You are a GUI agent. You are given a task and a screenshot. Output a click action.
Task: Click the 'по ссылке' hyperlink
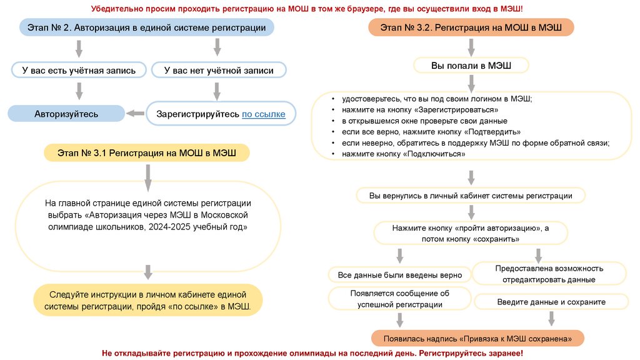(x=263, y=114)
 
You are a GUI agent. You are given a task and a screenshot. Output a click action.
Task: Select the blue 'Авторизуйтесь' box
(x=66, y=114)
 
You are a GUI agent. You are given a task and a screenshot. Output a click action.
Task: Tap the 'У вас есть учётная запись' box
(x=79, y=71)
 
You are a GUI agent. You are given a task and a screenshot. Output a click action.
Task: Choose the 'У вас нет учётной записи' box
(x=219, y=71)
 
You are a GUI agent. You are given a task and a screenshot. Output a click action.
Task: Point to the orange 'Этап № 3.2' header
(x=471, y=27)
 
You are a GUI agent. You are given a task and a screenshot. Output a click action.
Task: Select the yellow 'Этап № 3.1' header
(x=146, y=152)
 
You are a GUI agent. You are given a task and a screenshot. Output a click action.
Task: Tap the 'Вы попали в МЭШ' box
(x=471, y=65)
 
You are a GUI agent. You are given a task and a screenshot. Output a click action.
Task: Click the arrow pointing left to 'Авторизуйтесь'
(x=135, y=114)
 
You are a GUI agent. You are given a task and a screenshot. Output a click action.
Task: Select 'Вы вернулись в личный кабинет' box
(x=471, y=196)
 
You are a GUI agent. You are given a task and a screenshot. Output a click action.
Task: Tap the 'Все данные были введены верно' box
(x=400, y=275)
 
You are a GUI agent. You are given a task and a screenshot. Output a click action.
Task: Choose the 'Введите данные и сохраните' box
(x=551, y=302)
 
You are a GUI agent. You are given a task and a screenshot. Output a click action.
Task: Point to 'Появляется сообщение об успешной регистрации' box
(x=399, y=299)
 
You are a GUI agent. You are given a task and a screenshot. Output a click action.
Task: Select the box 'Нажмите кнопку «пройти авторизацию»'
(x=471, y=234)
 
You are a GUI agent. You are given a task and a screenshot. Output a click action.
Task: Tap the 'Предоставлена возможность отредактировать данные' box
(x=549, y=274)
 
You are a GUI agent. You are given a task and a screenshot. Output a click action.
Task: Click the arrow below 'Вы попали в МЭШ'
(x=471, y=82)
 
